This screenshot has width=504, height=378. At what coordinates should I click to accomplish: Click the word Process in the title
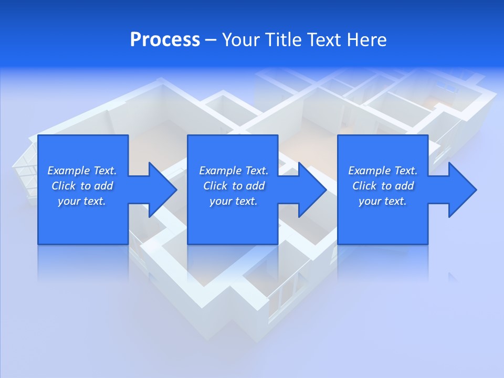[165, 40]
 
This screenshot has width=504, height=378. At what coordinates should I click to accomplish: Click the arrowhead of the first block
[163, 190]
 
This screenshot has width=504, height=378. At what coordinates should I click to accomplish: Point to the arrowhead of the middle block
[313, 190]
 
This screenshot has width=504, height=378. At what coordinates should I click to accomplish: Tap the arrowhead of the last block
[463, 190]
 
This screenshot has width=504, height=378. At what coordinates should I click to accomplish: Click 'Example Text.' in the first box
[82, 171]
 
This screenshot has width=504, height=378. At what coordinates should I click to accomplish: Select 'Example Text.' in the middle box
[234, 171]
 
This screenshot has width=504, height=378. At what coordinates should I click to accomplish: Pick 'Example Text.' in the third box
[383, 171]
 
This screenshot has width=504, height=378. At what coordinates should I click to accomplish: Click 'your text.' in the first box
[82, 201]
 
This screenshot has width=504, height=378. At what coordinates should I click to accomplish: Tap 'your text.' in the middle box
[233, 201]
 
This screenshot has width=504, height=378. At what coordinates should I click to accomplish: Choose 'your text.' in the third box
[382, 201]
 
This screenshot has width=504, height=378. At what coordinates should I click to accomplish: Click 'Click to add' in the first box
[82, 186]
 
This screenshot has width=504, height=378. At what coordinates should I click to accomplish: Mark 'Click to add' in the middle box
[234, 186]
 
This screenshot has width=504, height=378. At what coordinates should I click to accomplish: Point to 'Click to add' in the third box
[383, 186]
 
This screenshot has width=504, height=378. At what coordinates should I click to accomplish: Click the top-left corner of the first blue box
[39, 136]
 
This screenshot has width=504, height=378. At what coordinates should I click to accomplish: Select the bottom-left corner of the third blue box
[339, 243]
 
